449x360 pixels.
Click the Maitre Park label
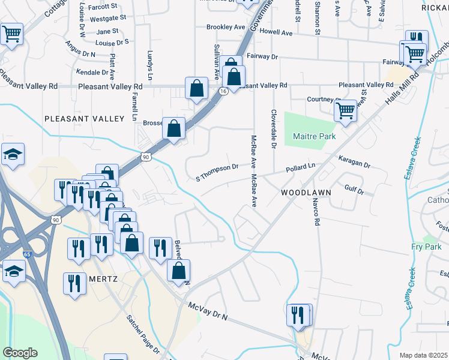[314, 136]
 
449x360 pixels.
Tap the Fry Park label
[426, 247]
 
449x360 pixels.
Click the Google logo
[20, 353]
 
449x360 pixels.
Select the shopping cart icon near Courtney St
[346, 110]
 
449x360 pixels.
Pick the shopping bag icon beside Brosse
[173, 128]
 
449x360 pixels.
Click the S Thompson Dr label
[217, 172]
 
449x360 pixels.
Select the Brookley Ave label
[226, 27]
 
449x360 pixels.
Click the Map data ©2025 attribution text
[424, 355]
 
